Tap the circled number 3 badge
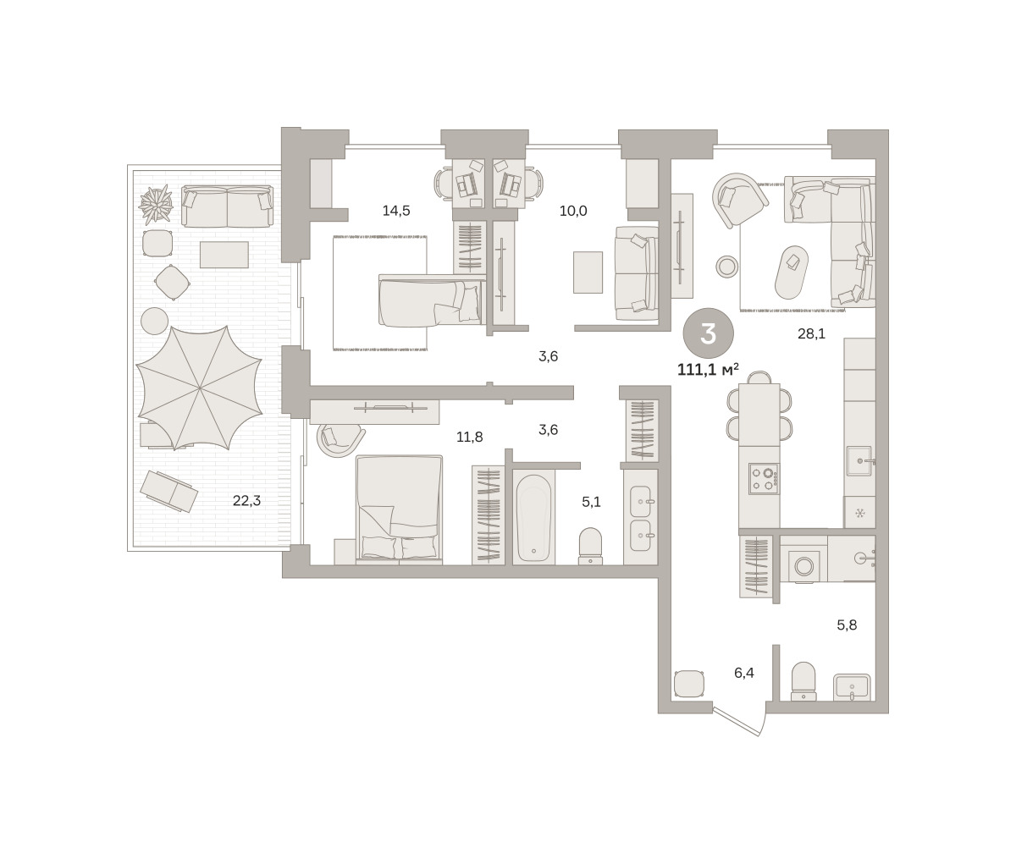(x=709, y=333)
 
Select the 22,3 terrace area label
(x=246, y=500)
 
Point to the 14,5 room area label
(x=396, y=211)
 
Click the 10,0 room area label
(x=573, y=211)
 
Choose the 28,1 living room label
(x=811, y=334)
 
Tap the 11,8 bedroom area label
(x=469, y=436)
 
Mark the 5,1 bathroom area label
(x=591, y=502)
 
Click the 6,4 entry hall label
(x=743, y=673)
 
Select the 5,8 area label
(x=847, y=625)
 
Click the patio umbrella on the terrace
(x=199, y=388)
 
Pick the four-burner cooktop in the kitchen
(x=764, y=479)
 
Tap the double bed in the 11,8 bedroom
(x=399, y=508)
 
